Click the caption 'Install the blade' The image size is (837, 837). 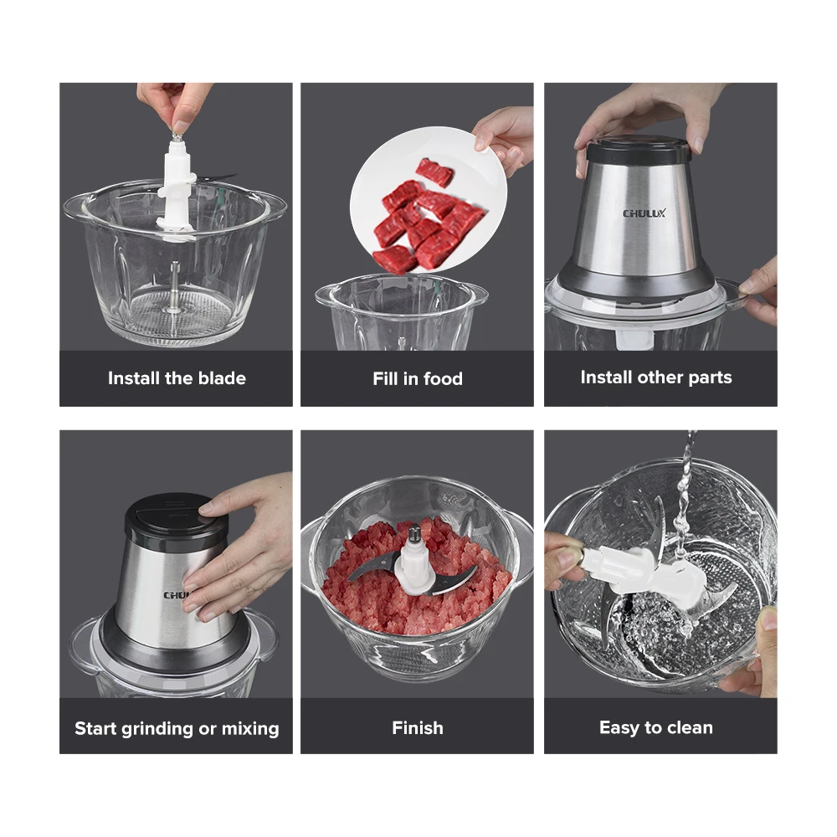click(177, 378)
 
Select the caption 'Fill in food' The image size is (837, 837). click(417, 379)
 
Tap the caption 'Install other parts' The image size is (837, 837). click(655, 377)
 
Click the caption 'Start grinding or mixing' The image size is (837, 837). click(177, 728)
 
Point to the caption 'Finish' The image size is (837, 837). click(417, 728)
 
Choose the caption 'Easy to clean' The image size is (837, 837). click(655, 728)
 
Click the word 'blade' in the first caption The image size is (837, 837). click(222, 378)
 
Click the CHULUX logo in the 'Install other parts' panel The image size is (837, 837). click(644, 213)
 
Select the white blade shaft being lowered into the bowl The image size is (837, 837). click(176, 184)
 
